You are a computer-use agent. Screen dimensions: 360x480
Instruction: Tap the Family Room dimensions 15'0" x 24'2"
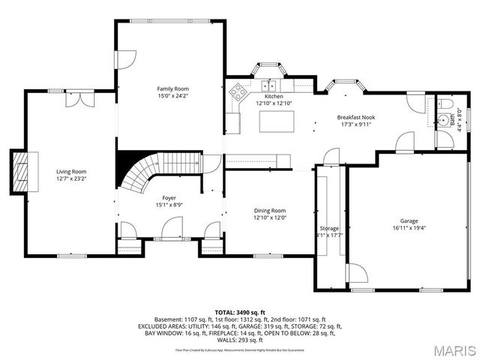click(x=172, y=96)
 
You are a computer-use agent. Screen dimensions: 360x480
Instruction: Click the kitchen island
click(x=274, y=121)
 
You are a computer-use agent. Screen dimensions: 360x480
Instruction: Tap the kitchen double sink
click(x=268, y=85)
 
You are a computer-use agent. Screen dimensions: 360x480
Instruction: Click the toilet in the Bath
click(x=444, y=103)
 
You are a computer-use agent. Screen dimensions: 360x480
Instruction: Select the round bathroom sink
click(x=445, y=120)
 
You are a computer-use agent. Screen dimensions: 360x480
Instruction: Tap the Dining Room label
click(x=268, y=211)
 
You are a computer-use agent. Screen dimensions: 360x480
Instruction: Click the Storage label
click(x=329, y=228)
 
